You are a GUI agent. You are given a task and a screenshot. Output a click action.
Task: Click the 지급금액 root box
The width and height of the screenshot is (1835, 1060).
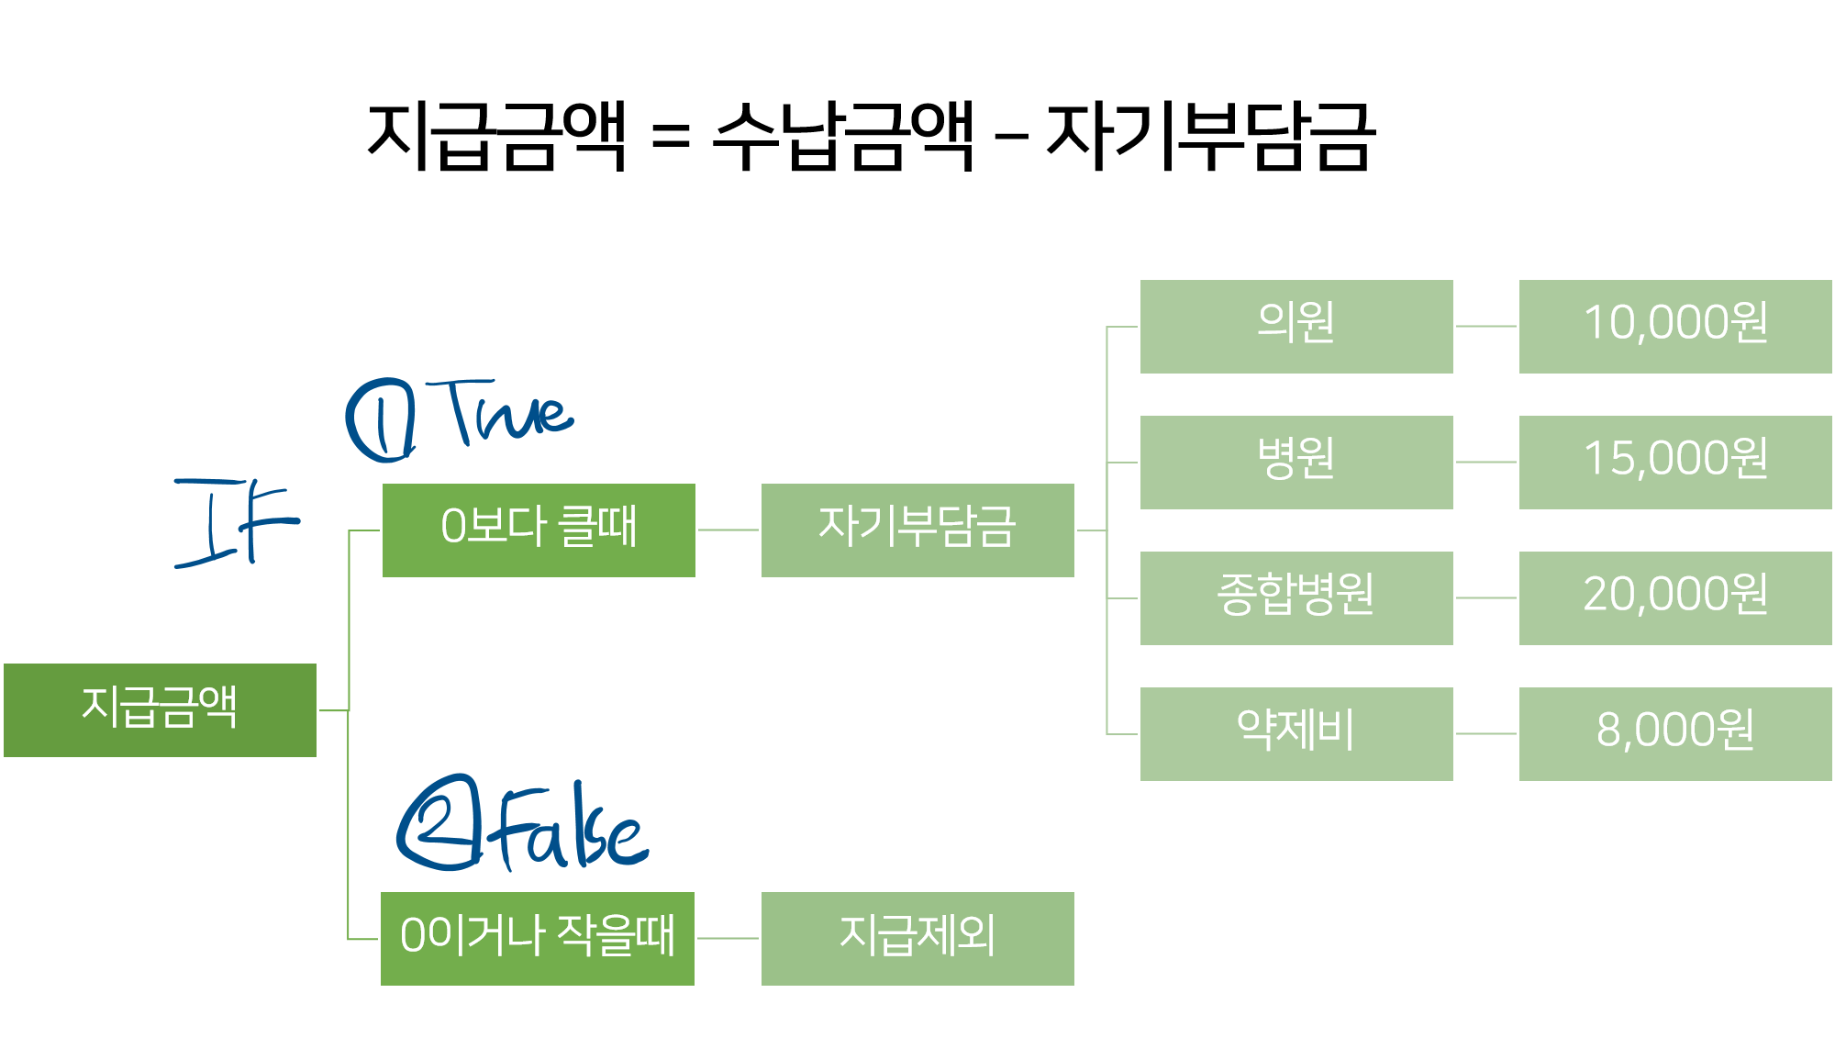(160, 709)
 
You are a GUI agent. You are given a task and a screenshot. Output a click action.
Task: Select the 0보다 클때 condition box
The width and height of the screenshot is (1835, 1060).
(539, 530)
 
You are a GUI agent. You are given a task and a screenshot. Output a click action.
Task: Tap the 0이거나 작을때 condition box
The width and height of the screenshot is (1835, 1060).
(538, 938)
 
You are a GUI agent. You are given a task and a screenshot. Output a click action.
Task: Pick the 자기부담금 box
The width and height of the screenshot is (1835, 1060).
(917, 530)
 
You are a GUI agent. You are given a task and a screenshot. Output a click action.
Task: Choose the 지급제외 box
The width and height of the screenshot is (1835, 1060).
(917, 938)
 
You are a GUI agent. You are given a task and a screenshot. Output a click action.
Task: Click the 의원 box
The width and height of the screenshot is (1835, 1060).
(1296, 326)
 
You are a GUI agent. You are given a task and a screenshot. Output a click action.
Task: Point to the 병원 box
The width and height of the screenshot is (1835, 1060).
(1296, 462)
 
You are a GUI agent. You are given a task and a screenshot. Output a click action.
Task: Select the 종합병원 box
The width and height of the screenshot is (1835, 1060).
(1296, 597)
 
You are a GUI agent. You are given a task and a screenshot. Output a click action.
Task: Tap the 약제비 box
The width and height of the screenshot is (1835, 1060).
(1296, 733)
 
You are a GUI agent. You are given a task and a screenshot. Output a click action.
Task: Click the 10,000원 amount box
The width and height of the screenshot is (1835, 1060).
(1675, 326)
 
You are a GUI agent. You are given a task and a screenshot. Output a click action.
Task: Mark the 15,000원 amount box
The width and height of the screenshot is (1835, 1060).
(1675, 462)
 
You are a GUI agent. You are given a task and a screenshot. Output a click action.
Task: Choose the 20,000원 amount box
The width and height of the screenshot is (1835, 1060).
(1675, 597)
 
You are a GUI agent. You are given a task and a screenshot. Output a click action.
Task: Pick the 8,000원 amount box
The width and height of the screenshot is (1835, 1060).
(1675, 733)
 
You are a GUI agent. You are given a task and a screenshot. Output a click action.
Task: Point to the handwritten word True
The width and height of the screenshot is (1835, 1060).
(507, 413)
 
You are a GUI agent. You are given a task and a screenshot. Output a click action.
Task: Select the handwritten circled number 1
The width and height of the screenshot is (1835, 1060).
(381, 420)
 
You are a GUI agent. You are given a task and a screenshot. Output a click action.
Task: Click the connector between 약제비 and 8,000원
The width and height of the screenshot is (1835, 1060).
(1486, 733)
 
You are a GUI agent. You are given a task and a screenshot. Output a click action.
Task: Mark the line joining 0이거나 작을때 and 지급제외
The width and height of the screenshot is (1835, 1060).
(728, 938)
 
